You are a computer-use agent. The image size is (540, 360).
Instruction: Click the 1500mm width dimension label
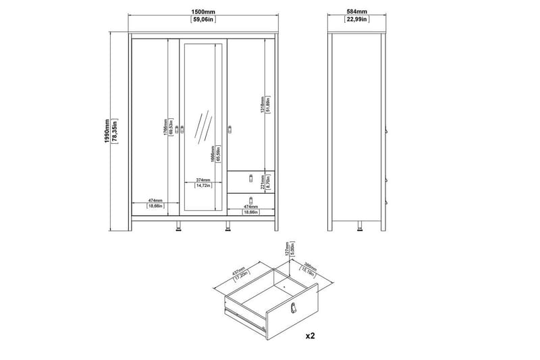pyautogui.click(x=204, y=12)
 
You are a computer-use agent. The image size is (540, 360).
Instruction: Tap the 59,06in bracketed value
pyautogui.click(x=204, y=20)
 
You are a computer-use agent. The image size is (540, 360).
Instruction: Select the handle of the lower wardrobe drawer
pyautogui.click(x=251, y=201)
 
